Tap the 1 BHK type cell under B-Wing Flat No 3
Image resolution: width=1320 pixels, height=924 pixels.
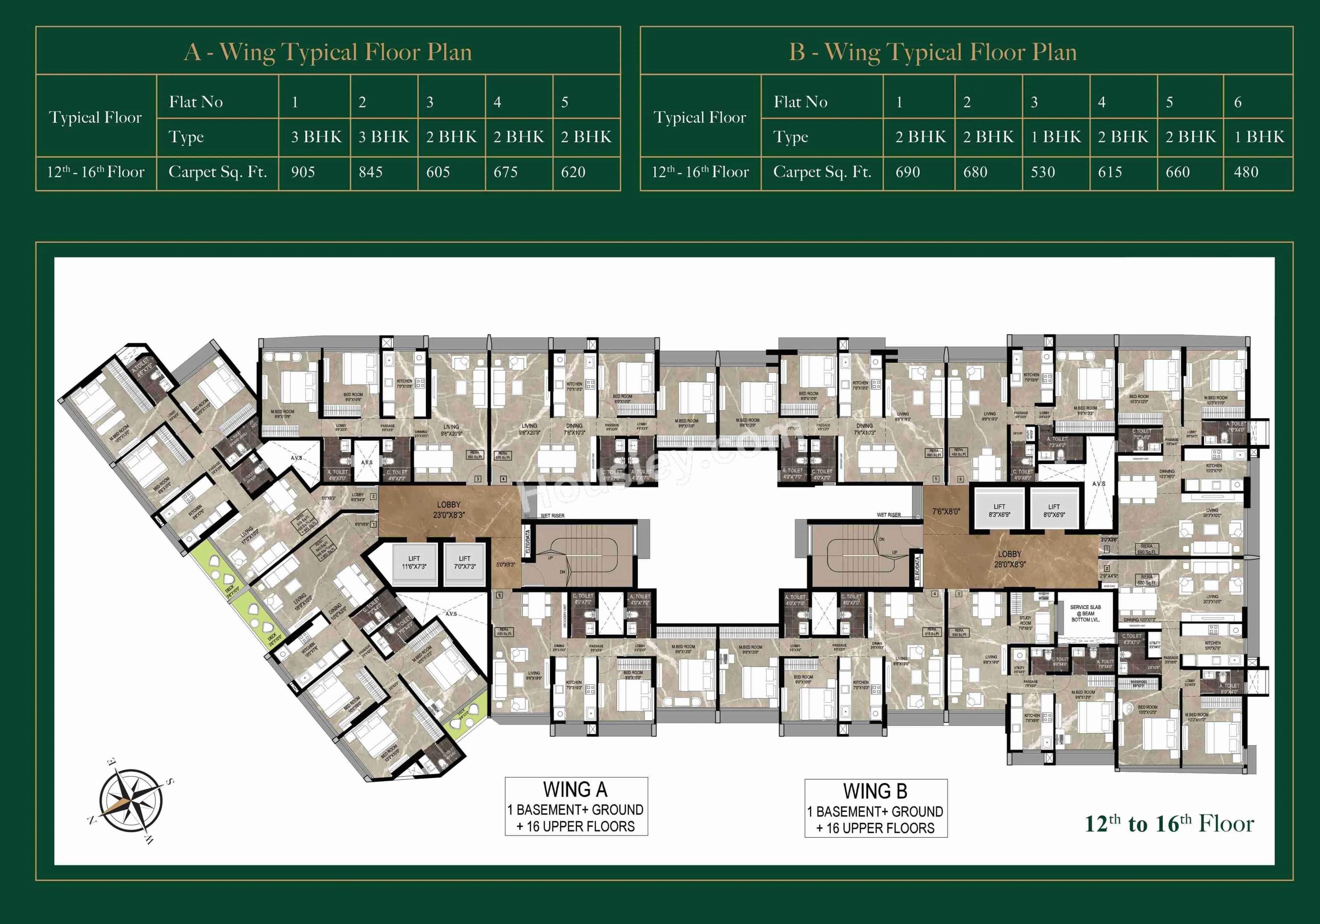click(x=1056, y=137)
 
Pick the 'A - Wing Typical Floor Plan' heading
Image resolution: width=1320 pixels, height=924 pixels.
click(x=328, y=52)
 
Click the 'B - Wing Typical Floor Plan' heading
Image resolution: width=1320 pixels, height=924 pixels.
click(x=933, y=52)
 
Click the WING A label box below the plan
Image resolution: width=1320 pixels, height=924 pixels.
click(x=576, y=806)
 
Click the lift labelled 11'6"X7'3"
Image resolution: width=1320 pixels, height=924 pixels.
click(x=414, y=563)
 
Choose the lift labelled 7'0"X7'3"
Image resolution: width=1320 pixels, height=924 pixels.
click(x=464, y=563)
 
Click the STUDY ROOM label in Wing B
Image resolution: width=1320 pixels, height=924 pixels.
click(x=1025, y=623)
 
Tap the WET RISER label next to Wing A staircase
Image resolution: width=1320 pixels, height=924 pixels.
click(x=552, y=516)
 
